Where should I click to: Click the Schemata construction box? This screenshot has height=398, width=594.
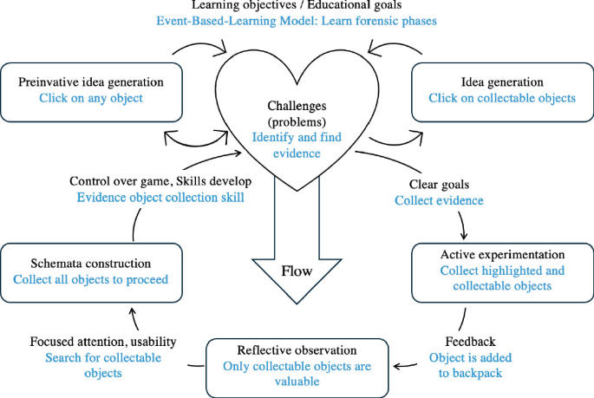tap(91, 271)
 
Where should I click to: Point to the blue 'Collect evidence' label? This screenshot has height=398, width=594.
tap(439, 200)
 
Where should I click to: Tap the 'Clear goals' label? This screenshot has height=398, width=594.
tap(439, 184)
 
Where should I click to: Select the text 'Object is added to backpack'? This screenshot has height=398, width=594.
tap(469, 366)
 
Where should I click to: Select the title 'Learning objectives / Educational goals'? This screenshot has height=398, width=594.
tap(297, 7)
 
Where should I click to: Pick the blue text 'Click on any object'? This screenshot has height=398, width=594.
tap(91, 98)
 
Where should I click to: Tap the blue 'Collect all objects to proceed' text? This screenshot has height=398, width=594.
tap(91, 279)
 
